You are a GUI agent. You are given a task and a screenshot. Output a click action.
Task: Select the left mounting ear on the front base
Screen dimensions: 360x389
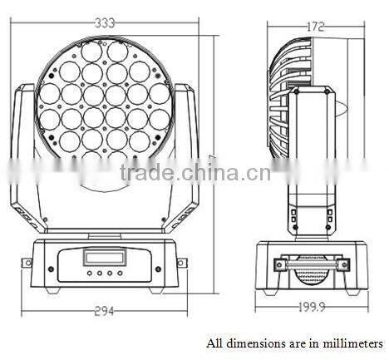click(x=27, y=263)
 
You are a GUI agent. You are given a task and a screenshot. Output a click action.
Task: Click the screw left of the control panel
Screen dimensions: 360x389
click(x=52, y=269)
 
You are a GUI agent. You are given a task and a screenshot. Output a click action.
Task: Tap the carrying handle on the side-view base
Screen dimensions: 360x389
click(x=311, y=264)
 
